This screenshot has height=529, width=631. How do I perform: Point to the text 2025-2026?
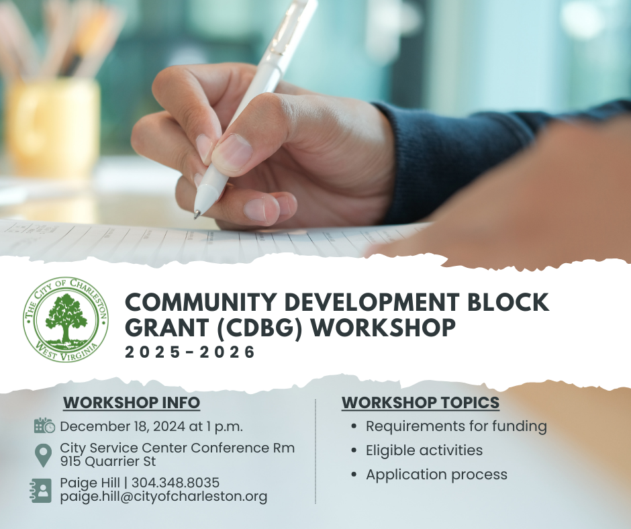click(190, 352)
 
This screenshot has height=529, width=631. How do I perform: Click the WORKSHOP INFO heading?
click(132, 403)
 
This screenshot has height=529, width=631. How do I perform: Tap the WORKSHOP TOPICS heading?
click(420, 403)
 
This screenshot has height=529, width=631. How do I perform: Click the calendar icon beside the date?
click(44, 426)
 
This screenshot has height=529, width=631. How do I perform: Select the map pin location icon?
click(43, 455)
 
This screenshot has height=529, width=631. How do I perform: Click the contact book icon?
click(41, 490)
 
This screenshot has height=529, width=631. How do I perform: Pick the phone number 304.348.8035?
click(175, 482)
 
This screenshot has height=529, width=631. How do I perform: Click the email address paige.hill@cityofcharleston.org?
click(163, 496)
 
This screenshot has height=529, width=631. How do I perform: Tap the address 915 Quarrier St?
click(108, 461)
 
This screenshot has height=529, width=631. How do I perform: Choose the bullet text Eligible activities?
click(424, 450)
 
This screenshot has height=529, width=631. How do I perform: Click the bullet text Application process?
click(436, 475)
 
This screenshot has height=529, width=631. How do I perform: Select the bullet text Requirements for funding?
click(456, 426)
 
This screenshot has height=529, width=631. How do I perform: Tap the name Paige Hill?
click(90, 483)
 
